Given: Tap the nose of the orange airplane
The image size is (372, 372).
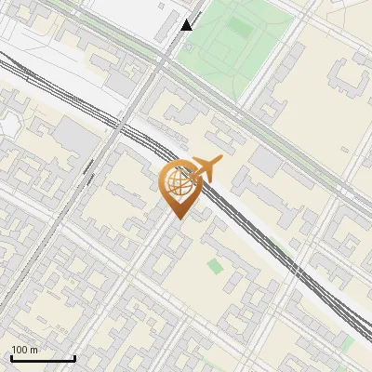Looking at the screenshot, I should (x=221, y=162).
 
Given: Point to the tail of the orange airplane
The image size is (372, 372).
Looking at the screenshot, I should (x=188, y=174).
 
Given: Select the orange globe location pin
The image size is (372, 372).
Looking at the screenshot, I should (x=179, y=186).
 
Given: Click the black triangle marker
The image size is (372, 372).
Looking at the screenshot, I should (x=187, y=25).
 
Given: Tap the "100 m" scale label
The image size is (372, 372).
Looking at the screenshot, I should (x=25, y=350).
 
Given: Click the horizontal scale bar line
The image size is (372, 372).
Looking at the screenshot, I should (x=43, y=358).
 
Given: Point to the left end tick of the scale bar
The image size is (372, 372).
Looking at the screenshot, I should (x=11, y=356).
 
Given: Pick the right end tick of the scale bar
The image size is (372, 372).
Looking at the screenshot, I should (x=74, y=356).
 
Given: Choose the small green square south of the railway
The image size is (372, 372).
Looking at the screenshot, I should (x=216, y=267).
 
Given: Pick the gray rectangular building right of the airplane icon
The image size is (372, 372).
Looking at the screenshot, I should (x=265, y=161).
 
